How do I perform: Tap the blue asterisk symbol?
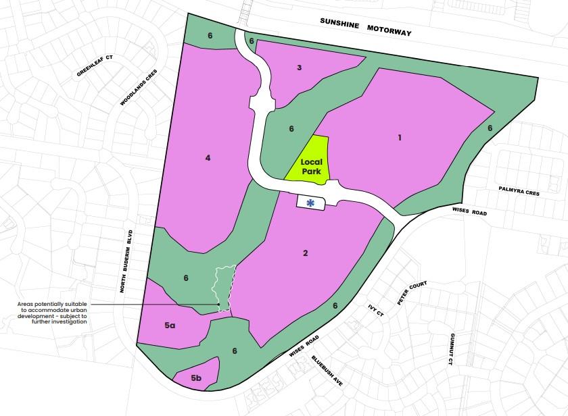click(x=311, y=203)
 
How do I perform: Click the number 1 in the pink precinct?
click(x=400, y=138)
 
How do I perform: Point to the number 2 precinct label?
click(x=306, y=253)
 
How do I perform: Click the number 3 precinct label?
click(x=299, y=68)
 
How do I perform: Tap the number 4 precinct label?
click(x=208, y=158)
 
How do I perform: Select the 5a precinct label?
click(x=170, y=326)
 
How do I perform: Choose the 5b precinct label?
click(x=196, y=378)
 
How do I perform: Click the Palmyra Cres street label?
click(x=519, y=192)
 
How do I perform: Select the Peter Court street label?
click(x=412, y=294)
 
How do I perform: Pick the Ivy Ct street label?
click(x=376, y=310)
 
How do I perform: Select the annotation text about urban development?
click(x=52, y=313)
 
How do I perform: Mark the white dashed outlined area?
click(x=225, y=286)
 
